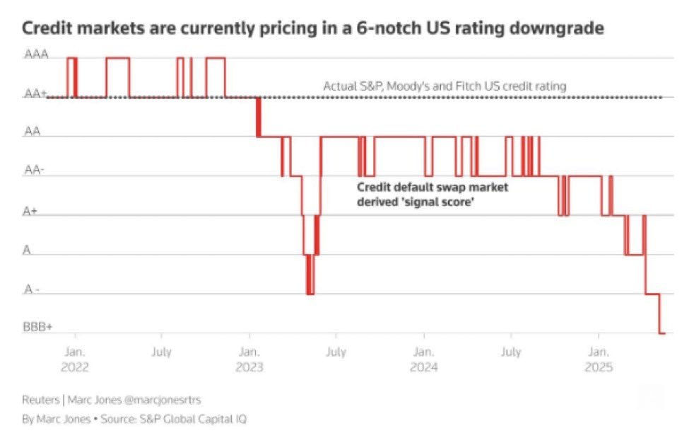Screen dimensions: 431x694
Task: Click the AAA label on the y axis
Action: (37, 54)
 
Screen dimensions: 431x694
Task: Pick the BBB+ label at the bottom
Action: (37, 328)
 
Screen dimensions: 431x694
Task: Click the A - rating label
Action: (33, 289)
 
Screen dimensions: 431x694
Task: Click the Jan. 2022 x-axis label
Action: (75, 360)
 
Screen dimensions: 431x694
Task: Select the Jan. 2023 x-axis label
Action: (249, 360)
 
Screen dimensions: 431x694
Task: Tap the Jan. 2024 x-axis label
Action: (423, 360)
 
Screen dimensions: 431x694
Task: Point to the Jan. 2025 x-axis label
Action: (599, 360)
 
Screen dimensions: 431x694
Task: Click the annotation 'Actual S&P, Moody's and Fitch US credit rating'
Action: (445, 86)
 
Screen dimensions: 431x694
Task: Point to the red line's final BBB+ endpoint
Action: (662, 333)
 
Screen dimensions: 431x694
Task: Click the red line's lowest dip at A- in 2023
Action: (310, 293)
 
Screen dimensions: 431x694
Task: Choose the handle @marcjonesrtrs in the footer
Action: (160, 400)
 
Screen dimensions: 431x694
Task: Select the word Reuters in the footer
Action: (40, 400)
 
